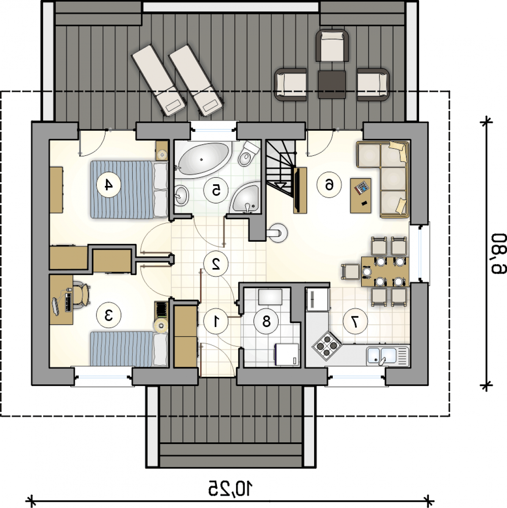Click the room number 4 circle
click(x=109, y=185)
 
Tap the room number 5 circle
click(x=216, y=190)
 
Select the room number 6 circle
click(x=329, y=185)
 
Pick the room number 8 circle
click(x=266, y=321)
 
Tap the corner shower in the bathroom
click(x=245, y=198)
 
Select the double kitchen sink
click(x=388, y=356)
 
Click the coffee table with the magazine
click(x=361, y=195)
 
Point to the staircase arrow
click(x=281, y=185)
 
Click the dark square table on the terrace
click(x=332, y=84)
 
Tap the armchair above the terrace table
click(x=332, y=46)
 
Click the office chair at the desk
click(x=81, y=295)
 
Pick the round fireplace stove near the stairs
click(x=277, y=233)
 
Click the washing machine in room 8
click(x=287, y=355)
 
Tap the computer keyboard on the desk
click(x=69, y=301)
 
